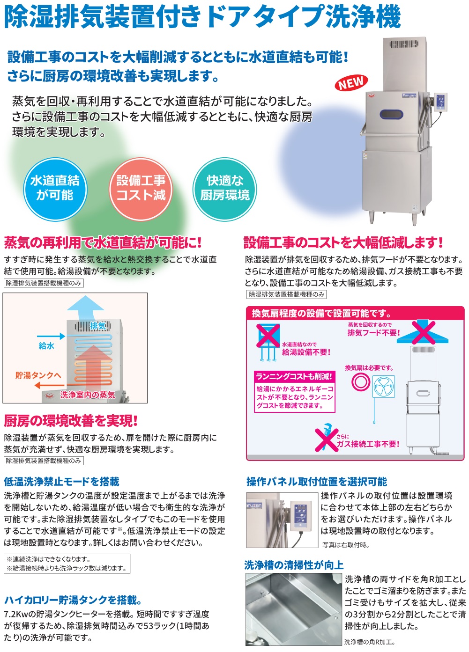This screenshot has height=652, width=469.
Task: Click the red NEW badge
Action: click(351, 82)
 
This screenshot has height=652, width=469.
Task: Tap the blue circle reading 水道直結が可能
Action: click(55, 189)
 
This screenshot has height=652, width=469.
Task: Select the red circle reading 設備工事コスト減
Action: click(141, 189)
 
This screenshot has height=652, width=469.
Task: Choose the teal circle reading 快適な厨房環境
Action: click(224, 189)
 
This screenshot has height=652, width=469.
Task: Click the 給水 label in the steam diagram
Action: click(46, 345)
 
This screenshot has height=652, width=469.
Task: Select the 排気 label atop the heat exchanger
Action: click(97, 326)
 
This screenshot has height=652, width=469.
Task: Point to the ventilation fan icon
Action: click(384, 386)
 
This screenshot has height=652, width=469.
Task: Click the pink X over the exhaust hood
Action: click(423, 333)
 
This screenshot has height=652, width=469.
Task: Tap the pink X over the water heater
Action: click(268, 336)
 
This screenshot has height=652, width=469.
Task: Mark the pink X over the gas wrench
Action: click(327, 441)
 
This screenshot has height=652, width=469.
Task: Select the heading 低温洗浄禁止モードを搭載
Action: click(61, 482)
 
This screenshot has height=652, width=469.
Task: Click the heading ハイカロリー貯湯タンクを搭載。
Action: click(73, 600)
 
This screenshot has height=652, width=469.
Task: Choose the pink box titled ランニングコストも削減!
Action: click(294, 391)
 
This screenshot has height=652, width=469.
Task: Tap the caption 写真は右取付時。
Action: click(346, 545)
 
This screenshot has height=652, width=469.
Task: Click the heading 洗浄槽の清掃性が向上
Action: click(294, 565)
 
